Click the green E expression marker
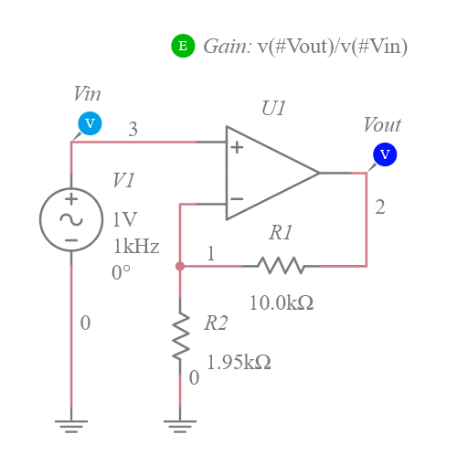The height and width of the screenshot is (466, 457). tap(183, 46)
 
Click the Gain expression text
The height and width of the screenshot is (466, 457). tap(305, 47)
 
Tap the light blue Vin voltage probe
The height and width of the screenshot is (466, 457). tap(89, 123)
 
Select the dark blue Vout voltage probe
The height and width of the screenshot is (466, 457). tap(384, 154)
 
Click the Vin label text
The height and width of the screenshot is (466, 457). tap(87, 94)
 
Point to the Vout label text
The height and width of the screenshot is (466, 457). tap(381, 125)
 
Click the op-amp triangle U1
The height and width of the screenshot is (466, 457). tap(270, 173)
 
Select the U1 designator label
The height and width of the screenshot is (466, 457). tap(273, 109)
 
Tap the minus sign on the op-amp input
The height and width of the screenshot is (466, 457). tap(236, 198)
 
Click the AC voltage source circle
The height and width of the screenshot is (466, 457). tap(70, 219)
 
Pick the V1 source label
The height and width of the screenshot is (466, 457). tap(123, 181)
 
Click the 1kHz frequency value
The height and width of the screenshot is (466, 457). tap(136, 246)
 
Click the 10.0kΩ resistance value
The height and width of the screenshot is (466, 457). tap(282, 303)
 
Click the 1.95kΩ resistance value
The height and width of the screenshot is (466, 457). tap(239, 362)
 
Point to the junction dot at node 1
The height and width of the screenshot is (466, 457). tap(180, 266)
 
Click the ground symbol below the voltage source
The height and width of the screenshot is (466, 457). tap(70, 423)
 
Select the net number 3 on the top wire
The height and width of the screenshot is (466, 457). tap(133, 130)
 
